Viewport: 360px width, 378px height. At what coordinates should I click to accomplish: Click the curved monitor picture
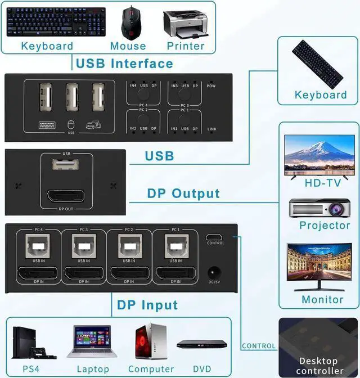tap(318, 268)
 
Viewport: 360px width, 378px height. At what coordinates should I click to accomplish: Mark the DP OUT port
tap(66, 196)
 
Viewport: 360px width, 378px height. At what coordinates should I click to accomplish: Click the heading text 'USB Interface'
tap(125, 63)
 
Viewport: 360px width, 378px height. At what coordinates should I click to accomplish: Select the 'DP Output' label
tap(183, 193)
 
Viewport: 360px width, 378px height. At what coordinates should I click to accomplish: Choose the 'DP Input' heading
tap(147, 305)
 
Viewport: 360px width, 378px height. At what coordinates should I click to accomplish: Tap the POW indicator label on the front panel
tap(211, 85)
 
